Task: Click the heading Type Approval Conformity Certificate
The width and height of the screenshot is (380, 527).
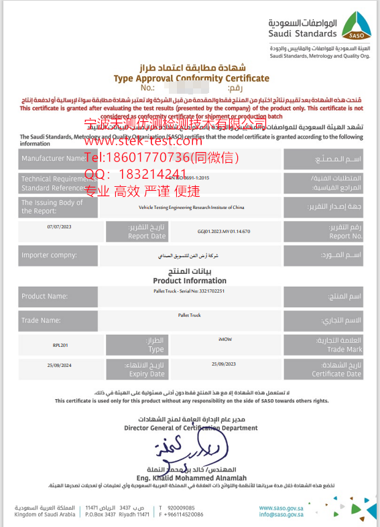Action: coord(191,78)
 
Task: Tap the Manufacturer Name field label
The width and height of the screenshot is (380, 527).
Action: coord(53,159)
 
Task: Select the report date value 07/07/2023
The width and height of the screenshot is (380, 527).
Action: coord(58,227)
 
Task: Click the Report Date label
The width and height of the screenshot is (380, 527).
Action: coord(147,232)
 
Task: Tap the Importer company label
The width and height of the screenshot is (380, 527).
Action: coord(49,255)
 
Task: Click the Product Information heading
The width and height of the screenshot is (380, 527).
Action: coord(190,281)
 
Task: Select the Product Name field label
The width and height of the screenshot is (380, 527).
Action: coord(44,296)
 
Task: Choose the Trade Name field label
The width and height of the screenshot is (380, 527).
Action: coord(41,320)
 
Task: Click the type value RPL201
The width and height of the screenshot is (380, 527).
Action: coord(60,345)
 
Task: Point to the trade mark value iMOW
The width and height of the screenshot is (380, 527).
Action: coord(225,340)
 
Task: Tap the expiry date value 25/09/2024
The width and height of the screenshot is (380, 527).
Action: coord(58,365)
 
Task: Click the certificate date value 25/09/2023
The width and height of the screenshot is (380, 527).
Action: coord(223,363)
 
